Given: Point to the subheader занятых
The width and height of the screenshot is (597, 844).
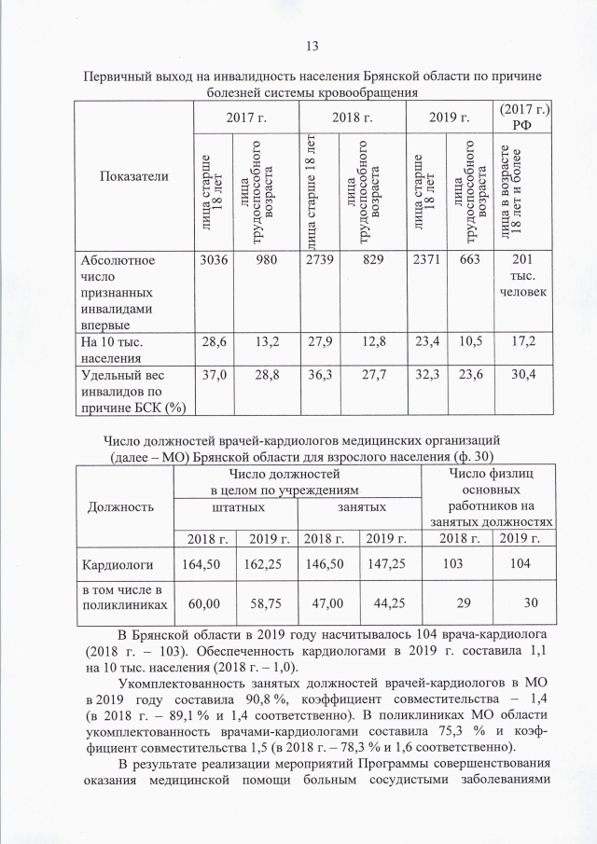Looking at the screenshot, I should [x=357, y=505].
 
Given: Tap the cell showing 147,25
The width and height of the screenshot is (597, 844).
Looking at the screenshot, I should [x=385, y=565].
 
